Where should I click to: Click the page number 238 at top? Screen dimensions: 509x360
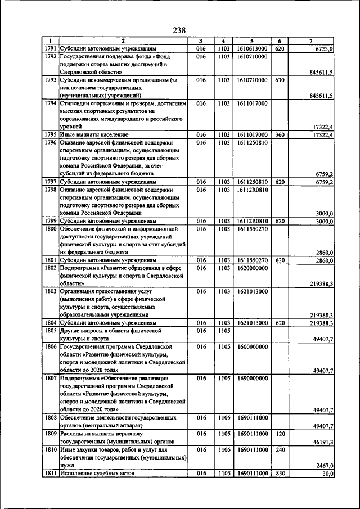[179, 30]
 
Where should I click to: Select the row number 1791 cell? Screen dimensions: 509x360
[50, 49]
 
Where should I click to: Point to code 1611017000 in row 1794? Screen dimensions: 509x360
[251, 104]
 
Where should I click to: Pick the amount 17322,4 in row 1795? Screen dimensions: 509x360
[321, 136]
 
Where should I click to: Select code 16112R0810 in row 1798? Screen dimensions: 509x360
[251, 190]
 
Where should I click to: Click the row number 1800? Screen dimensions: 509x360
[50, 229]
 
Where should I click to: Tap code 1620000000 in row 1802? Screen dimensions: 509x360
[251, 269]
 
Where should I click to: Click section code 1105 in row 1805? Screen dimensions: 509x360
[224, 332]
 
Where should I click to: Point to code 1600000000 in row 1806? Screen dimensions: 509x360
[251, 348]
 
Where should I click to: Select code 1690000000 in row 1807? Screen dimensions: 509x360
[251, 379]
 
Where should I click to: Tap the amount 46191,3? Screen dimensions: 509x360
[321, 443]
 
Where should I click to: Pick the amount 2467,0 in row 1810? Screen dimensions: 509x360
[323, 466]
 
